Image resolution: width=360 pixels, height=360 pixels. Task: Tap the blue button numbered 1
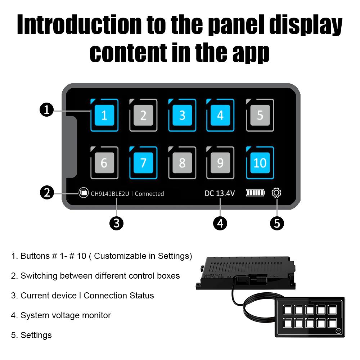coord(104,115)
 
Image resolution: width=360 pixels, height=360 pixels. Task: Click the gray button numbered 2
coord(143,115)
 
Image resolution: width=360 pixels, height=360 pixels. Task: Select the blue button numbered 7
coord(143,163)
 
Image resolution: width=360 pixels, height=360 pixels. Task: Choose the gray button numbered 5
coord(260,115)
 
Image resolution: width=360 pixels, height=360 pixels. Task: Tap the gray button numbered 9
coord(220,163)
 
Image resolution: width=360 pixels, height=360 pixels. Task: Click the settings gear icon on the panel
coord(276,193)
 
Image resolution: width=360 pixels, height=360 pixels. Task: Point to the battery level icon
coord(255,193)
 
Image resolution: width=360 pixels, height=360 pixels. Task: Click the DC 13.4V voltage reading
coord(220,193)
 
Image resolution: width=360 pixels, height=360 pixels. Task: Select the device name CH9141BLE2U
coord(110,194)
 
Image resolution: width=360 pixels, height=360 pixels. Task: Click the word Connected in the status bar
coord(149,194)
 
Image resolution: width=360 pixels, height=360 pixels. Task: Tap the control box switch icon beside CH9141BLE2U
coord(84,193)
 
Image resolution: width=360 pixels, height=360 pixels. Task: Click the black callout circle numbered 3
coord(116,223)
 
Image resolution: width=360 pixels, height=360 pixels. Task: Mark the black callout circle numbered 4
coord(220,223)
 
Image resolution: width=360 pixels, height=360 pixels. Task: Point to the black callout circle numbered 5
coord(277,223)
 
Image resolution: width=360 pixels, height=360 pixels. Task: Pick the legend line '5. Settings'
coord(32,335)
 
